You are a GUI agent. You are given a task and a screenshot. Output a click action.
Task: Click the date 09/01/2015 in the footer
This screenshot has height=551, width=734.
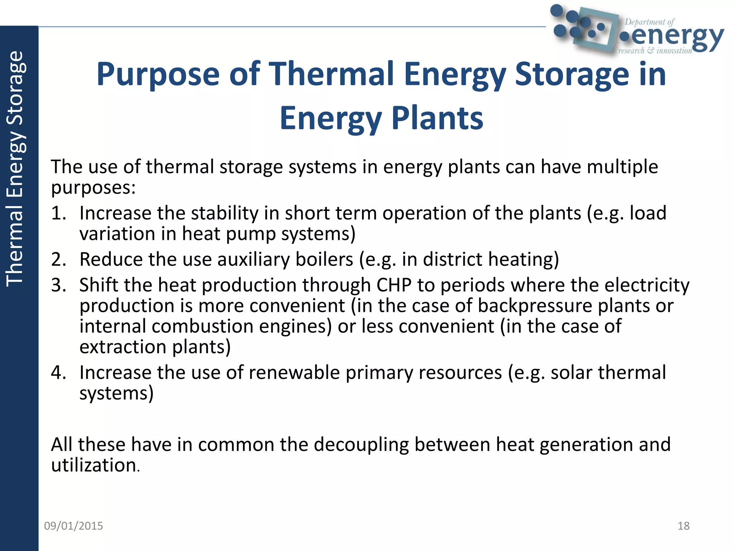point(73,526)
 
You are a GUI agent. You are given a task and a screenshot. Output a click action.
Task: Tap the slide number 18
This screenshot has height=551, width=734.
point(683,526)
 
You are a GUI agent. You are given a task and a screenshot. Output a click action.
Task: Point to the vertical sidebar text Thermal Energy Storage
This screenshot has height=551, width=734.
point(15,169)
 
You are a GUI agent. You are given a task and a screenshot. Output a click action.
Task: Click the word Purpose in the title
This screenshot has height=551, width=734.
point(158,74)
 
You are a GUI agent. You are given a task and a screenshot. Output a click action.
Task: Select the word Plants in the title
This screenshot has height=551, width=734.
point(437,118)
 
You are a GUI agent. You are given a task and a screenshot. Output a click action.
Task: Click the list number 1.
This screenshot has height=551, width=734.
point(58,213)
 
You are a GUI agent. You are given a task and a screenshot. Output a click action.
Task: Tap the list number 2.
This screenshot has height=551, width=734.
point(58,259)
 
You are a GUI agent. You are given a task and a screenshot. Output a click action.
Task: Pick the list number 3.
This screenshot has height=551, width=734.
point(58,285)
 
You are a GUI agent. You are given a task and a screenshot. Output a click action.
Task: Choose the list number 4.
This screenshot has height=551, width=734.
point(58,372)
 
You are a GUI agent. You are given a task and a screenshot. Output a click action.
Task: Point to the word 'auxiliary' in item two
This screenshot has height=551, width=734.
point(253,259)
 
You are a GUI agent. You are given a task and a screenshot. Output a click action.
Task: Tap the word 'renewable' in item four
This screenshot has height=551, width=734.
point(294,372)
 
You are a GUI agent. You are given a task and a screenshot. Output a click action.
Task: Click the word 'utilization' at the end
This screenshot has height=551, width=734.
point(94,465)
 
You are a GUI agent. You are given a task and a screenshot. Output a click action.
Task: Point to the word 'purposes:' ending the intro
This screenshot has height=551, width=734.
point(93,187)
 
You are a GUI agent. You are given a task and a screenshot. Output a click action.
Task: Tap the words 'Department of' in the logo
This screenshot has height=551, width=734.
point(649,22)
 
